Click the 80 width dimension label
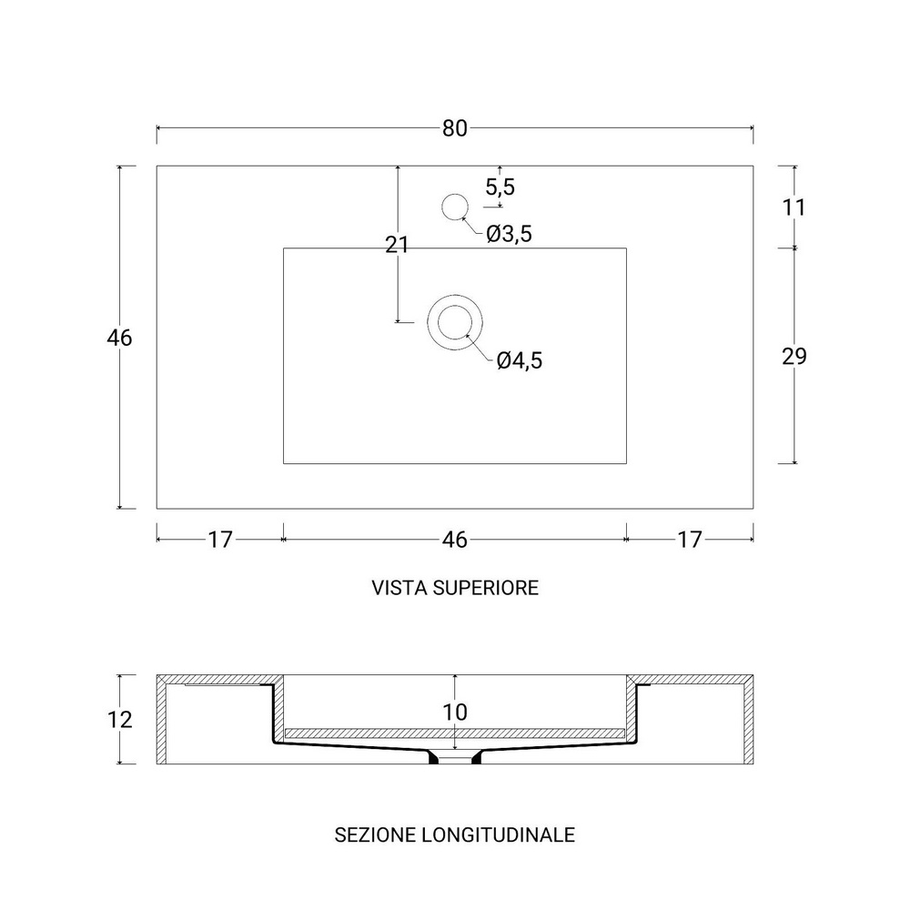pos(454,128)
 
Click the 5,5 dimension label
pos(500,187)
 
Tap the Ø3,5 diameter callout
pos(509,234)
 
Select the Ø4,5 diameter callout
pos(520,360)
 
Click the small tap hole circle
pos(455,207)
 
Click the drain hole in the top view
pos(455,322)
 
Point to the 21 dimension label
pos(397,245)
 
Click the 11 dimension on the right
pos(794,207)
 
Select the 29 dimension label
pos(794,357)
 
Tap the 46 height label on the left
pos(119,338)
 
